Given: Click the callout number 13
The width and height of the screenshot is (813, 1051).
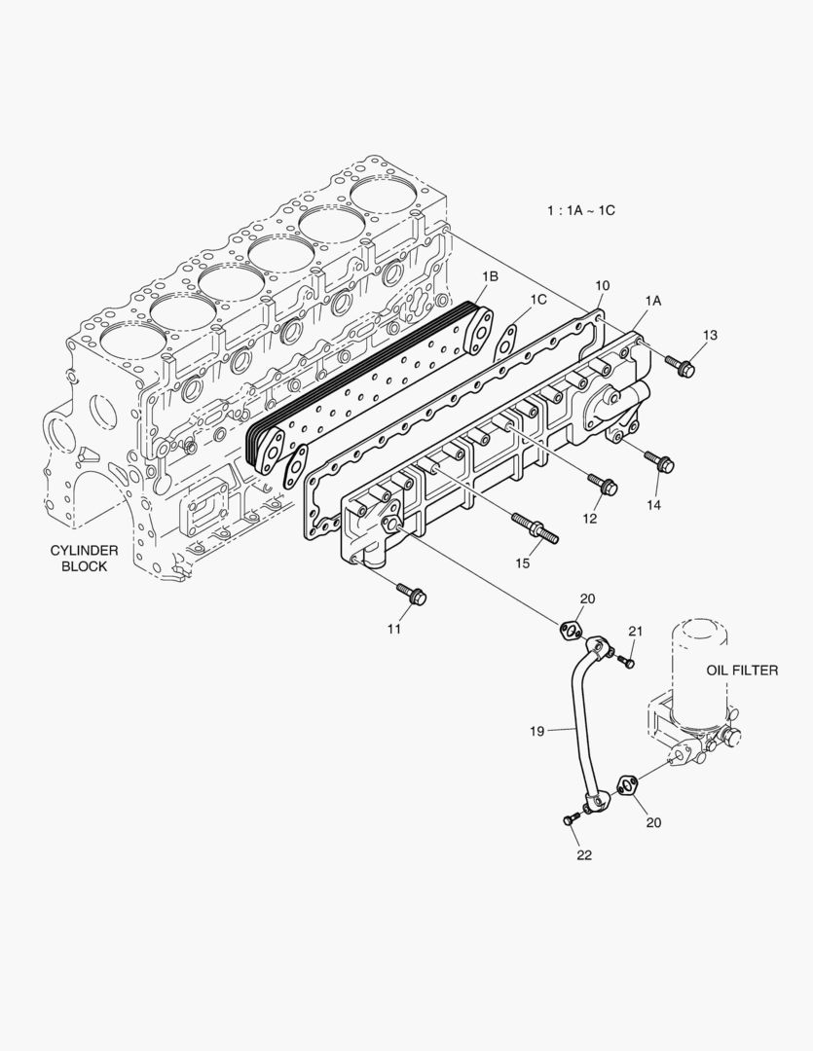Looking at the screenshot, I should point(710,335).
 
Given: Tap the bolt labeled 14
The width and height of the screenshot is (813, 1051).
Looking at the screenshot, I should point(663,461).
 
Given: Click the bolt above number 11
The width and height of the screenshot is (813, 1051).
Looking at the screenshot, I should point(410,593).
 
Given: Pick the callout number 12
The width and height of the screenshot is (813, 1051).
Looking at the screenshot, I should point(590,519).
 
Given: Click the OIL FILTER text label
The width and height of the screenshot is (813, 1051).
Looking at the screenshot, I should point(742,670).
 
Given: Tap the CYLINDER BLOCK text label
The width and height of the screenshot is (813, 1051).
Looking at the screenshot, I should point(85,558).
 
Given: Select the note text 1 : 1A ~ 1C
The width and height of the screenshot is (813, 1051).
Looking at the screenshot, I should point(581,209).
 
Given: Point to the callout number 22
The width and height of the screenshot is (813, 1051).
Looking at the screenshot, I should point(584,855).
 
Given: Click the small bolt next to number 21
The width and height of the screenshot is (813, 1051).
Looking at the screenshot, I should point(626,662).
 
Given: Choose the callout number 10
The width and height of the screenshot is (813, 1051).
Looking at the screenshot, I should point(603,285).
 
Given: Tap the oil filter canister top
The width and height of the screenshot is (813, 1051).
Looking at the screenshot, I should point(699,628).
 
